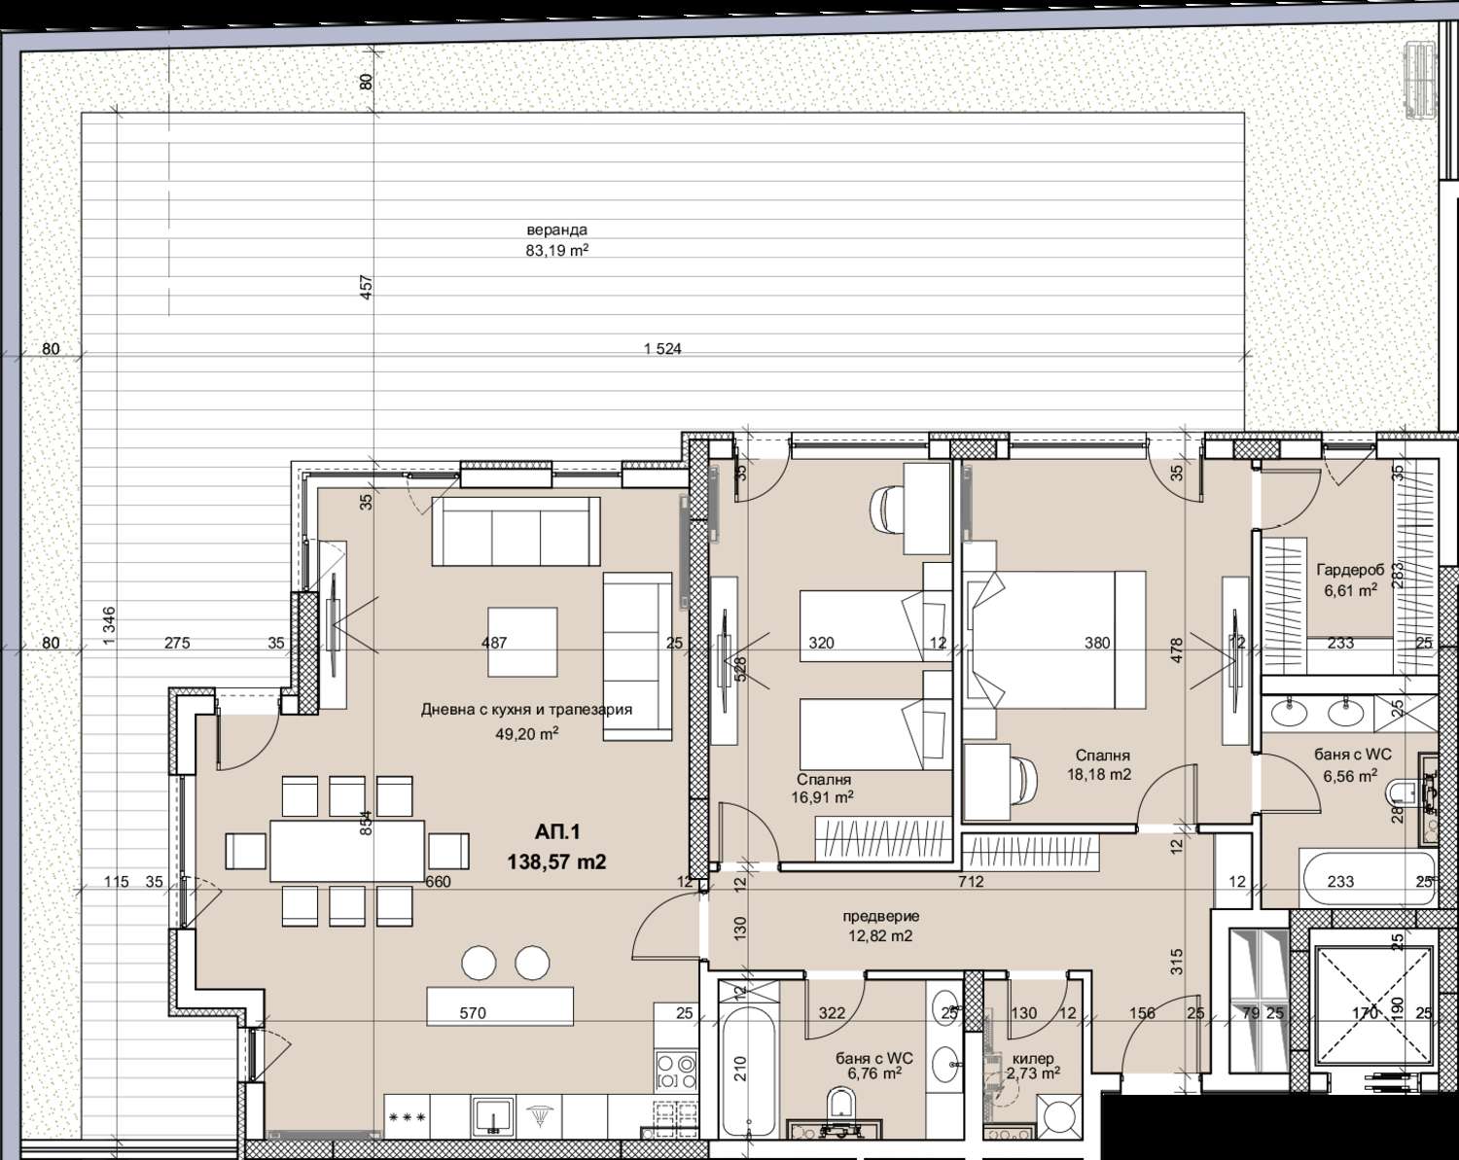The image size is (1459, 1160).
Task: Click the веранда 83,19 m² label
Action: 556,240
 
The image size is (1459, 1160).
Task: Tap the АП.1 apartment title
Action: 557,832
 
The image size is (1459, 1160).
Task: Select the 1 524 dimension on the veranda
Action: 662,349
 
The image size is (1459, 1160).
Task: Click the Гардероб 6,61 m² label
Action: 1350,580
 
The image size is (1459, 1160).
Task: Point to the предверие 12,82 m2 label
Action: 880,926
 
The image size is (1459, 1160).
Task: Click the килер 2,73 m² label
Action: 1033,1066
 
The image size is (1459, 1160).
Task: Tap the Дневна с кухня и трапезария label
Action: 526,709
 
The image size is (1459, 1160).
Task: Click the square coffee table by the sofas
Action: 522,642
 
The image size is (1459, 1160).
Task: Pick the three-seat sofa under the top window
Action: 516,531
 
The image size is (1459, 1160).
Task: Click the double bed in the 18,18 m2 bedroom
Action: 1055,640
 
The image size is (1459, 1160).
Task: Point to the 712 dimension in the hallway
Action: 971,882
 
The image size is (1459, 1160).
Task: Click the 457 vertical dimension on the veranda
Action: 366,288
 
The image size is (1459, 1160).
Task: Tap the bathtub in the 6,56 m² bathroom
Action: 1367,878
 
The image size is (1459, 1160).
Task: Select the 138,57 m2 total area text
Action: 556,862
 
